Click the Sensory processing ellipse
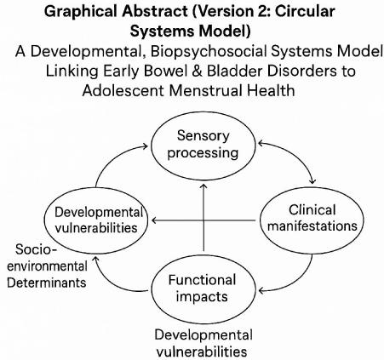pos(203,146)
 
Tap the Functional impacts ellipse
pos(203,289)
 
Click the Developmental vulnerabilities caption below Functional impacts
pos(203,342)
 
